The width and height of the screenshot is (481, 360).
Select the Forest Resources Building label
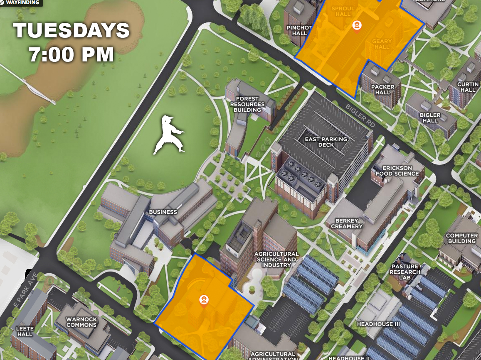coord(247,104)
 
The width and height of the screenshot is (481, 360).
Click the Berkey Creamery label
coord(347,223)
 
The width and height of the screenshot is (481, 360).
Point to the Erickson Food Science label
coord(397,171)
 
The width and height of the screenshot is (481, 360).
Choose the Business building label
coord(163,212)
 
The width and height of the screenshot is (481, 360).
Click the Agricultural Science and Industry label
coord(276,259)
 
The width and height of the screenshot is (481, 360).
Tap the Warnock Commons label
coord(81,322)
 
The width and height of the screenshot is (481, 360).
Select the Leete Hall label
coord(25,331)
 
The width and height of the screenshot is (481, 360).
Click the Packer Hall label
coord(382,90)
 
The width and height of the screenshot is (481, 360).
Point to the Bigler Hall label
coord(430,118)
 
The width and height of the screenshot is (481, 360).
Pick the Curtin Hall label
coord(468,87)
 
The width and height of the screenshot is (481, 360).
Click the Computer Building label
coord(461,238)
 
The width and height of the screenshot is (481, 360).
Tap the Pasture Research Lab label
coord(405,272)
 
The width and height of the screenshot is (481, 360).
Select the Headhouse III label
coord(378,324)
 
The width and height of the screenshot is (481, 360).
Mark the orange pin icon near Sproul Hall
coord(356,26)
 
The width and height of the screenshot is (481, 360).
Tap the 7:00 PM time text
coord(71,54)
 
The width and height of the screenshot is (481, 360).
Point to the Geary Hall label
coord(382,44)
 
